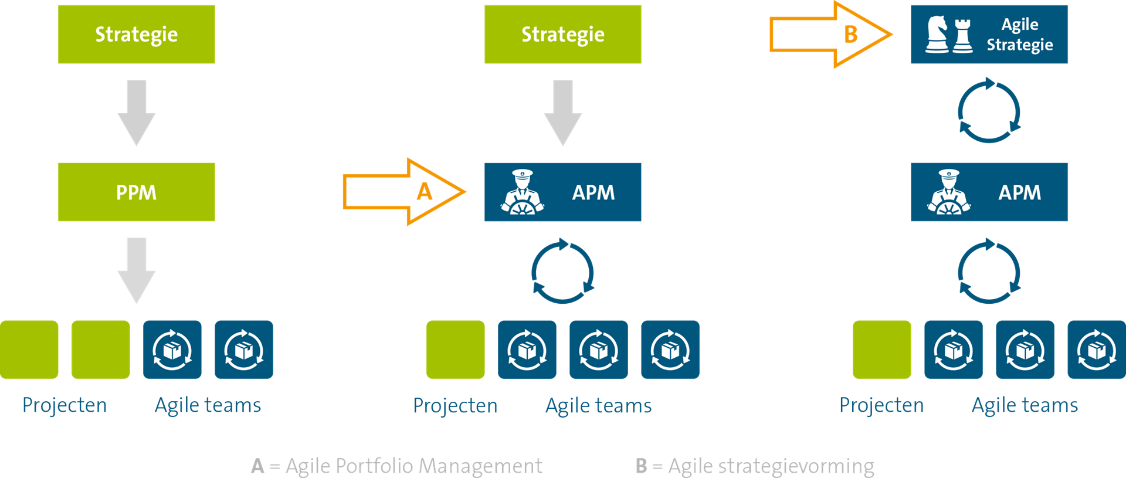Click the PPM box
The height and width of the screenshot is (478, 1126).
click(136, 192)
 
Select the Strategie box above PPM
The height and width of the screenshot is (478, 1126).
click(136, 34)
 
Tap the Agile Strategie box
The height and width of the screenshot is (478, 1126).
click(989, 34)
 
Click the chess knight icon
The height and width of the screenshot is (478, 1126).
click(937, 34)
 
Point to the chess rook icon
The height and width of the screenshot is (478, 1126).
click(962, 35)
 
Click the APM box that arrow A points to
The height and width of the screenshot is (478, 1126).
click(562, 192)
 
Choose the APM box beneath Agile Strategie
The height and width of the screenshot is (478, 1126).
click(989, 192)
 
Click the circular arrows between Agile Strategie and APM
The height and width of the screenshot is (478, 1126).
click(989, 111)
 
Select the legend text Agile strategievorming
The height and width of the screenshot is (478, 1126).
click(771, 466)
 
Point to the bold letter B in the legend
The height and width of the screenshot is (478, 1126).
click(641, 466)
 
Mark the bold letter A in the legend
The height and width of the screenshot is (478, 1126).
click(257, 466)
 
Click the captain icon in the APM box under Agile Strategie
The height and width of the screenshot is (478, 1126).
click(948, 192)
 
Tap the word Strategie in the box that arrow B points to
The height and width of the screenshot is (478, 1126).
click(1019, 45)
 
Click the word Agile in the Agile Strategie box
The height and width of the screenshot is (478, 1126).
click(1019, 25)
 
